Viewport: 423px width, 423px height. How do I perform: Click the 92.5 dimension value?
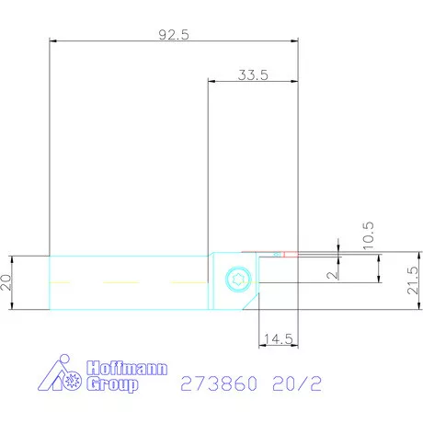pos(174,34)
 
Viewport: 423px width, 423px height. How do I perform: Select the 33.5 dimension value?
pos(252,76)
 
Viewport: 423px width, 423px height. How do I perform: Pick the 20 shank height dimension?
pos(9,282)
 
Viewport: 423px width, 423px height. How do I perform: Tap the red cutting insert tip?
pos(291,254)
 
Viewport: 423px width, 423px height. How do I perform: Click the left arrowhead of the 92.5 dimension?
pos(52,41)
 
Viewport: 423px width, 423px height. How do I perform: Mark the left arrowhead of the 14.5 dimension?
pos(260,346)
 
